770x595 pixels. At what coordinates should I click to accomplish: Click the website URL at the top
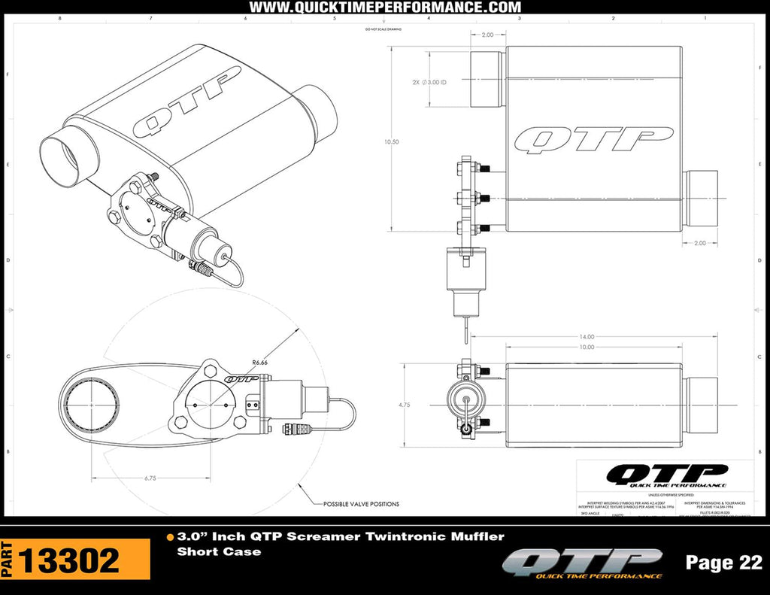[384, 8]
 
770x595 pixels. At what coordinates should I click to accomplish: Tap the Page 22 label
[723, 562]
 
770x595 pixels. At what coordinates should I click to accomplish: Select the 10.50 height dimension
[390, 141]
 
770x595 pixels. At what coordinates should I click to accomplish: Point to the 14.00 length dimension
[586, 337]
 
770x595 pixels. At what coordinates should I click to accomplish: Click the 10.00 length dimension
[586, 347]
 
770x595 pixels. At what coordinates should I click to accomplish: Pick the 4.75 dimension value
[405, 404]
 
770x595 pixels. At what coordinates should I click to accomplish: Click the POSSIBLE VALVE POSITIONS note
[361, 504]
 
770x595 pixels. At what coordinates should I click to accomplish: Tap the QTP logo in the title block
[656, 475]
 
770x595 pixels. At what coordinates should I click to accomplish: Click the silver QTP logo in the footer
[583, 563]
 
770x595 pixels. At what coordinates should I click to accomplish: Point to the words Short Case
[219, 551]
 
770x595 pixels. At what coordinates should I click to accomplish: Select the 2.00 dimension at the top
[487, 35]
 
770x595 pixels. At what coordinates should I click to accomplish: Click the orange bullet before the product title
[170, 537]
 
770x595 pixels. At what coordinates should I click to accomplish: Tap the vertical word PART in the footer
[7, 560]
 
